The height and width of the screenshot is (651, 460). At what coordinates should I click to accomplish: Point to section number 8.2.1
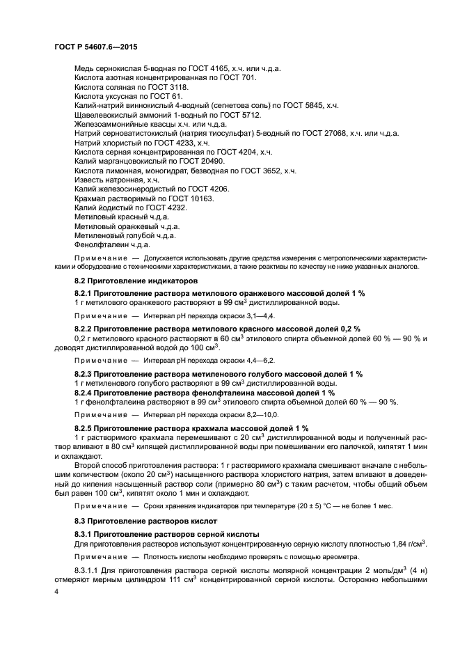84,294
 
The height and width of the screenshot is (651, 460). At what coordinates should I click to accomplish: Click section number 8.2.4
84,393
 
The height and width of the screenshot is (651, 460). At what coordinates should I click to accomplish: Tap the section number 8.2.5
84,428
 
